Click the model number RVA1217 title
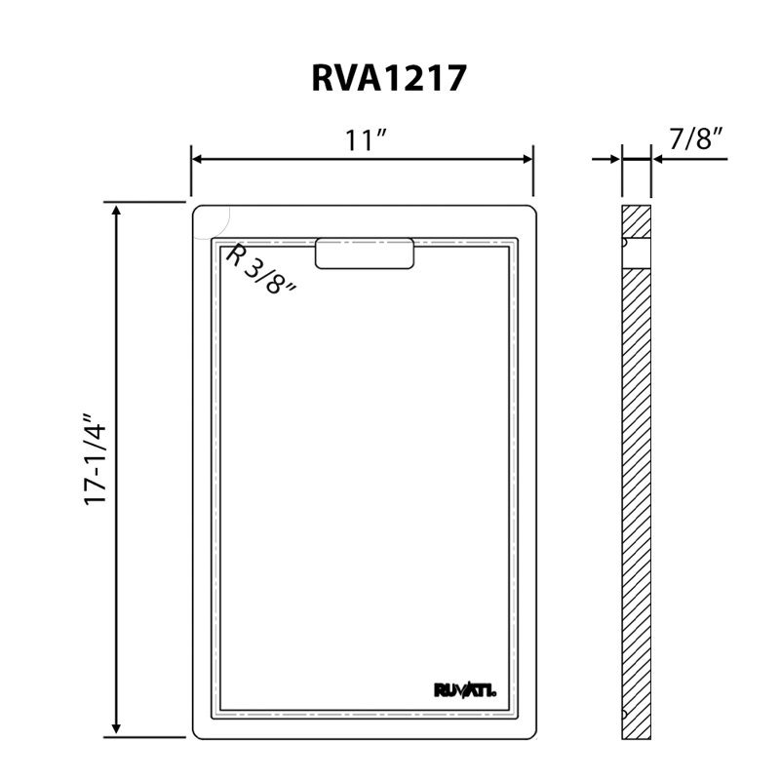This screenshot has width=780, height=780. pos(389,78)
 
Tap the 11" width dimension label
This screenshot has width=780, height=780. pos(365,139)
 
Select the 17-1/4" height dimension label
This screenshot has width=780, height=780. pos(95,459)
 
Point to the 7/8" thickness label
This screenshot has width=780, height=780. pos(695,138)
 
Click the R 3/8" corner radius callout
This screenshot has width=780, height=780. pos(260,270)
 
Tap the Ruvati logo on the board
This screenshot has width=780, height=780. pos(465,690)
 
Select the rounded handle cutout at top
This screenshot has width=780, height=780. pos(365,253)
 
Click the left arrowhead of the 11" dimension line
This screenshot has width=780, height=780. pos(197,159)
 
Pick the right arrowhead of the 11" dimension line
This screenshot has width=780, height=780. pos(527,159)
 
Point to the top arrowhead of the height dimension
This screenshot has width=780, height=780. pos(116,210)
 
